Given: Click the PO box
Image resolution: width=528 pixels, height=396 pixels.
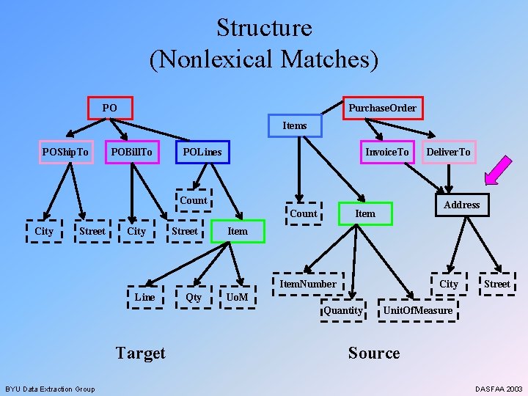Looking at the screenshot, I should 109,108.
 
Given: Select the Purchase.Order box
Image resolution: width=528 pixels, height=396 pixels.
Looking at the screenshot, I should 382,108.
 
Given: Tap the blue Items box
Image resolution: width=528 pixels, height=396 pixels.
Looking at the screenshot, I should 295,125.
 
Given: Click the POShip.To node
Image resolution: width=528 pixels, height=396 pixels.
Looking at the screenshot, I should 65,152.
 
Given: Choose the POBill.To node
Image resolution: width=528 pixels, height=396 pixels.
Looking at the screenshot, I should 131,152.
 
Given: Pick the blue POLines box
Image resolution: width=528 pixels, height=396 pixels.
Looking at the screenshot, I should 202,152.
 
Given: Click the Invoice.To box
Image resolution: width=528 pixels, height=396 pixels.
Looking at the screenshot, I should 387,152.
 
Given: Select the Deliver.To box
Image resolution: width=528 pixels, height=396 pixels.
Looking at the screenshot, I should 449,152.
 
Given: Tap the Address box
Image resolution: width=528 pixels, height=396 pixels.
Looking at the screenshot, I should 461,205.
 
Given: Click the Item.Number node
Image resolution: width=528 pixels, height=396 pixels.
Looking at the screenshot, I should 308,284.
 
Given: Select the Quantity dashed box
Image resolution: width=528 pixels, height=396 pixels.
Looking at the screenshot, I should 343,310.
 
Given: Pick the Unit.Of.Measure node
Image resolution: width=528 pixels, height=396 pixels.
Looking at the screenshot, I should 418,310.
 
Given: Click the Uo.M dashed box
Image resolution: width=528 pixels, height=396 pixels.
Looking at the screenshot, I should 237,296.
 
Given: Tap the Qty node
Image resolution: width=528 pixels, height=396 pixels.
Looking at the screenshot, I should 194,296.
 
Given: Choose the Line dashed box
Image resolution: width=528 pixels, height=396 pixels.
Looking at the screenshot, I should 144,296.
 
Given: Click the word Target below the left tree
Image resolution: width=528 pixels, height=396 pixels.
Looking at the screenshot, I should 140,353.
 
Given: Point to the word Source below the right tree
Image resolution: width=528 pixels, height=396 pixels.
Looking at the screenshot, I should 374,353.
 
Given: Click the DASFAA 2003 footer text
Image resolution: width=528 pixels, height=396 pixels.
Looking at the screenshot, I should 499,388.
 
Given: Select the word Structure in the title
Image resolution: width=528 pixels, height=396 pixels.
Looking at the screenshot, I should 264,28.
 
